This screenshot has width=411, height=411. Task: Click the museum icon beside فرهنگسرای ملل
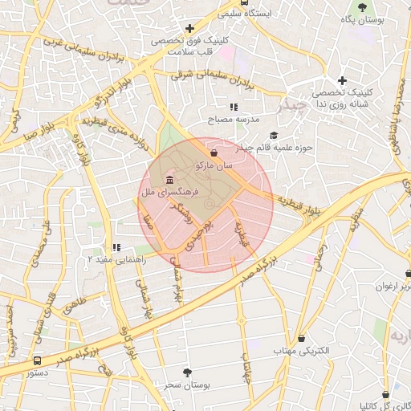169,179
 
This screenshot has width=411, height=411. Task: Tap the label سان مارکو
214,165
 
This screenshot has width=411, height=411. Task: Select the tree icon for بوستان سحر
188,372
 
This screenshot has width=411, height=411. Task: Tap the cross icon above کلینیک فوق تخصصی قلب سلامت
189,29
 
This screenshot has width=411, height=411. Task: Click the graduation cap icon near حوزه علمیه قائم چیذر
275,135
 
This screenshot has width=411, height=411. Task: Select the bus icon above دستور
37,360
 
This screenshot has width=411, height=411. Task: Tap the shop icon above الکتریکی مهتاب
301,339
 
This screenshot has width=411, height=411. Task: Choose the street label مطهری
356,222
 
